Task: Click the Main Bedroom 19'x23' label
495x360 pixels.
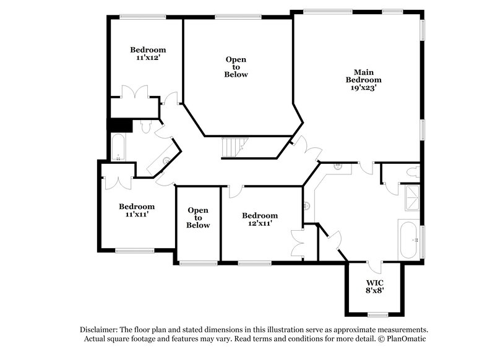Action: tap(363, 80)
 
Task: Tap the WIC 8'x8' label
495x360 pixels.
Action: tap(376, 285)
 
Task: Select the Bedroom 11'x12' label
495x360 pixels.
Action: tap(147, 53)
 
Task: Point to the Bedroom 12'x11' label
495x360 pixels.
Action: tap(260, 220)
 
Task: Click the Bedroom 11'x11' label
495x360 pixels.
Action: tap(137, 210)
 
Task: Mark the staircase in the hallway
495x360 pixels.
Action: tap(234, 147)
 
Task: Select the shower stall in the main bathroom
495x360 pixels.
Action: tap(411, 197)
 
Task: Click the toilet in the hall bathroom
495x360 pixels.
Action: tap(146, 127)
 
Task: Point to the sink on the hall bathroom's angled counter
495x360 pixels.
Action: tap(166, 161)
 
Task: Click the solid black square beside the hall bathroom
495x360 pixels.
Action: tap(120, 124)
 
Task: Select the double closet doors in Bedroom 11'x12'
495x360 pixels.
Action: tap(133, 92)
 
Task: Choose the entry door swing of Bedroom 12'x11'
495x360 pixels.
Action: tap(234, 191)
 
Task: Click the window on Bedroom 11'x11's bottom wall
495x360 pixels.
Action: tap(134, 251)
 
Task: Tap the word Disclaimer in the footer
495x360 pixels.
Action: tap(100, 330)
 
